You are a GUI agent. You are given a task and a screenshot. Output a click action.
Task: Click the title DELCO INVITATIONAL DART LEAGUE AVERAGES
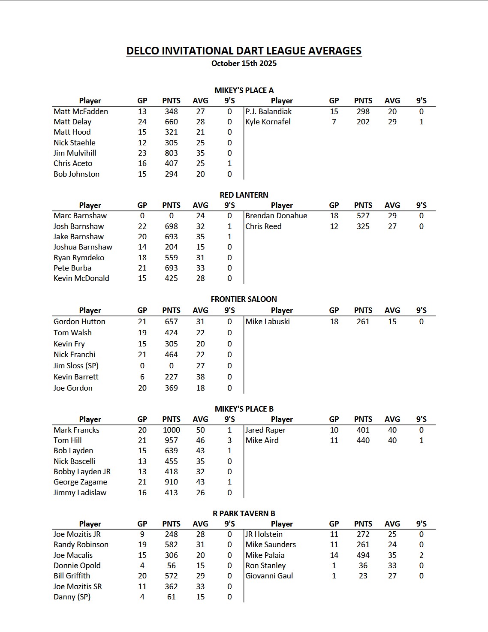[244, 51]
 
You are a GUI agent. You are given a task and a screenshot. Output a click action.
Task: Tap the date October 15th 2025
[244, 63]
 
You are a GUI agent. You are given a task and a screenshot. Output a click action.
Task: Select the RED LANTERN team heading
[244, 195]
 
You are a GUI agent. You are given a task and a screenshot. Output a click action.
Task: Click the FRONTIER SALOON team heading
[244, 299]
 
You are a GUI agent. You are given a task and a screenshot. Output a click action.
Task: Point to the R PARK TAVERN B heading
[244, 513]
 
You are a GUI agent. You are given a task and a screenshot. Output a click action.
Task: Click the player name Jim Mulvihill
[75, 153]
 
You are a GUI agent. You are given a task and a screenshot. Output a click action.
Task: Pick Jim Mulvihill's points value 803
[171, 153]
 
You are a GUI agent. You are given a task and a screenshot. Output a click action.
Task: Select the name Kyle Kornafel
[268, 122]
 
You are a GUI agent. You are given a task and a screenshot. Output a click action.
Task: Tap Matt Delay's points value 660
[171, 122]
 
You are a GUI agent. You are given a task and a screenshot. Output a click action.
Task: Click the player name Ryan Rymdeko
[78, 258]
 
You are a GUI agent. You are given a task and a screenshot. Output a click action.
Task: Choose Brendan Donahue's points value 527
[363, 216]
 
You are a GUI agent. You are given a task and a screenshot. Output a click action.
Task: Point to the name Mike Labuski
[267, 322]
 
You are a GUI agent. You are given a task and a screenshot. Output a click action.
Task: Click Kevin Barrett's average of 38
[200, 377]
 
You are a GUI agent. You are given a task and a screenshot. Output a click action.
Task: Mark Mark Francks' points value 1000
[171, 430]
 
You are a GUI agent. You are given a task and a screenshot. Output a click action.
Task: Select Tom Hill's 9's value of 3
[229, 440]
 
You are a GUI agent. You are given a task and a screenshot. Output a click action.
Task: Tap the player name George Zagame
[80, 482]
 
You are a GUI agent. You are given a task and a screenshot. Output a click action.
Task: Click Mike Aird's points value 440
[363, 440]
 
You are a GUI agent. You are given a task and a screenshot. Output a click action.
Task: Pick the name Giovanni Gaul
[269, 576]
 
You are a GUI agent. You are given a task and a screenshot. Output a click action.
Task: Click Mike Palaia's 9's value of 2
[421, 555]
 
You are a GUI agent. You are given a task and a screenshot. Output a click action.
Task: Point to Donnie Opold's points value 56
[171, 566]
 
